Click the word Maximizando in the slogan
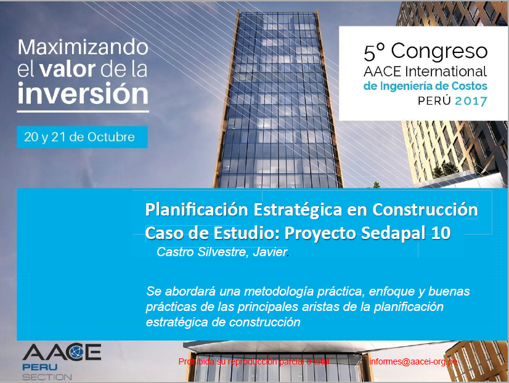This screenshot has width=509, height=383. tap(83, 47)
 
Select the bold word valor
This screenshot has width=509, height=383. tap(68, 69)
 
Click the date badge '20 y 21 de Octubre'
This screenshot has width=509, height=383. tap(82, 137)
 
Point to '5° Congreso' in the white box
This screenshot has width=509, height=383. tap(426, 52)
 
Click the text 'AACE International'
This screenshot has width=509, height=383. tap(425, 71)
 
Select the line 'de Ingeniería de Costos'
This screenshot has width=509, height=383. tap(425, 86)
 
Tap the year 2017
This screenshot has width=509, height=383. tap(471, 101)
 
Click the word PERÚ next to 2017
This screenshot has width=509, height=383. tap(434, 100)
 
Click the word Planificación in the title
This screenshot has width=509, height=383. tap(197, 210)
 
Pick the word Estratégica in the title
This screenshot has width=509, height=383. tap(298, 209)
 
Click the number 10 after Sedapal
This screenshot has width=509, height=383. tap(441, 233)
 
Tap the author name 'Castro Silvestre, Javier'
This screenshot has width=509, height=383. tap(222, 252)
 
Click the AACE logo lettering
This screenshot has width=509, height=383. tap(62, 352)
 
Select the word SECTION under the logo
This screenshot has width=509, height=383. tap(47, 377)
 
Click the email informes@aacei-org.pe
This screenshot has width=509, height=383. tap(413, 361)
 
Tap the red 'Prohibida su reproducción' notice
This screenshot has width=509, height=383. tap(254, 361)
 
